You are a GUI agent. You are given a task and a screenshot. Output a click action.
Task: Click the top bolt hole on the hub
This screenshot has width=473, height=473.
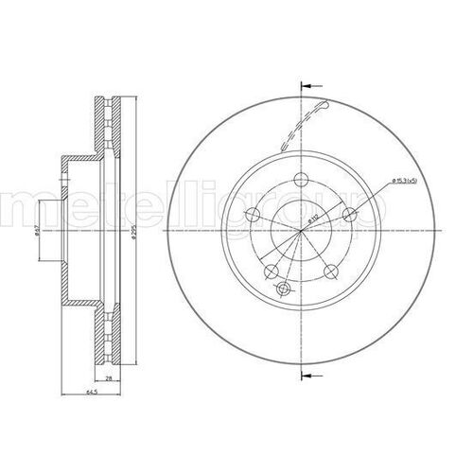point(301,183)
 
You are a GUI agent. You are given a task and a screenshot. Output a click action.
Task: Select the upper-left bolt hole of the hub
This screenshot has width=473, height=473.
point(253,216)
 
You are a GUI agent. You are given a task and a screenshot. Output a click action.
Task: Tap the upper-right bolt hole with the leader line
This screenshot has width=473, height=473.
point(349,217)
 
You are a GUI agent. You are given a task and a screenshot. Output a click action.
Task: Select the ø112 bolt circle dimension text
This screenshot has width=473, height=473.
point(313,219)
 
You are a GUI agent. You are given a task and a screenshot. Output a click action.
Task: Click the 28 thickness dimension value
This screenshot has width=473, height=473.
point(111,378)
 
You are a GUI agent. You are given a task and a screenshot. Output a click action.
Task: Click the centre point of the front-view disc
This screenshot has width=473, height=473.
point(301,233)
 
